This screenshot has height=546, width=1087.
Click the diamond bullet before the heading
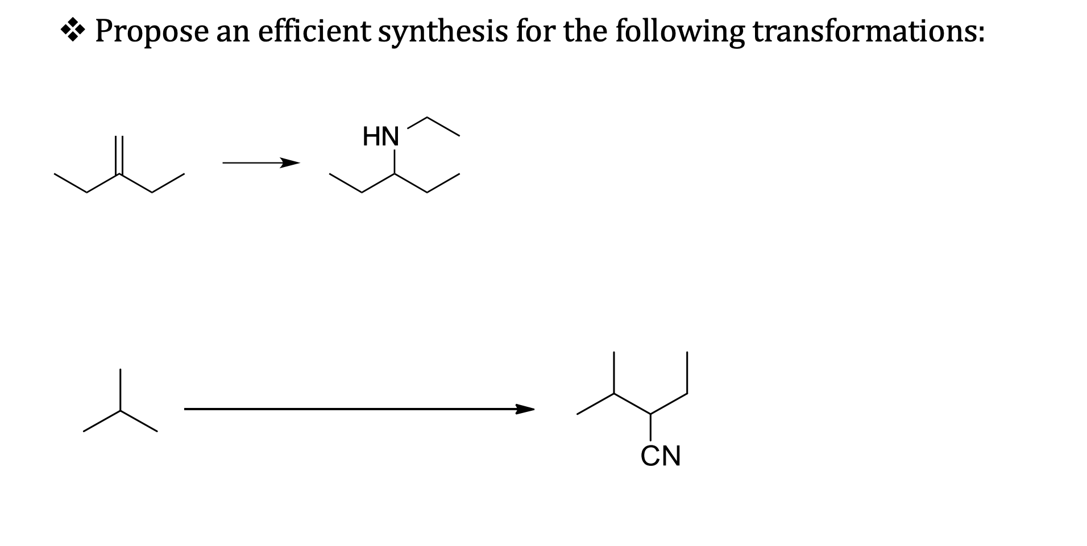pyautogui.click(x=73, y=31)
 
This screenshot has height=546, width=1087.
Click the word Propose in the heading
pyautogui.click(x=151, y=32)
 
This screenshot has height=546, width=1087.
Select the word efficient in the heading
pyautogui.click(x=314, y=31)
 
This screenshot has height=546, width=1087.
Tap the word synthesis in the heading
pyautogui.click(x=443, y=32)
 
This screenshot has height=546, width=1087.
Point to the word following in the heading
pyautogui.click(x=679, y=32)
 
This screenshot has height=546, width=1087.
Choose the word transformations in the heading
pyautogui.click(x=868, y=31)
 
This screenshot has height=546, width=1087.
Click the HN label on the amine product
pyautogui.click(x=381, y=137)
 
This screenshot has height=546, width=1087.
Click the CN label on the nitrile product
pyautogui.click(x=661, y=456)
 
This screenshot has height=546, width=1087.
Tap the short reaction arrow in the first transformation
pyautogui.click(x=260, y=164)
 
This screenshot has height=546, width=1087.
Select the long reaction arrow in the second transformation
pyautogui.click(x=358, y=409)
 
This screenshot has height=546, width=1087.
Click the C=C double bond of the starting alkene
pyautogui.click(x=119, y=155)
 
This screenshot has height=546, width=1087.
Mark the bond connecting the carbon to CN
pyautogui.click(x=650, y=427)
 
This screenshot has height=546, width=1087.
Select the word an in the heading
pyautogui.click(x=233, y=32)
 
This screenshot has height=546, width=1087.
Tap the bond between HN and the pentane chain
pyautogui.click(x=395, y=162)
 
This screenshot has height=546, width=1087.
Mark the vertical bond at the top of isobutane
pyautogui.click(x=120, y=390)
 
